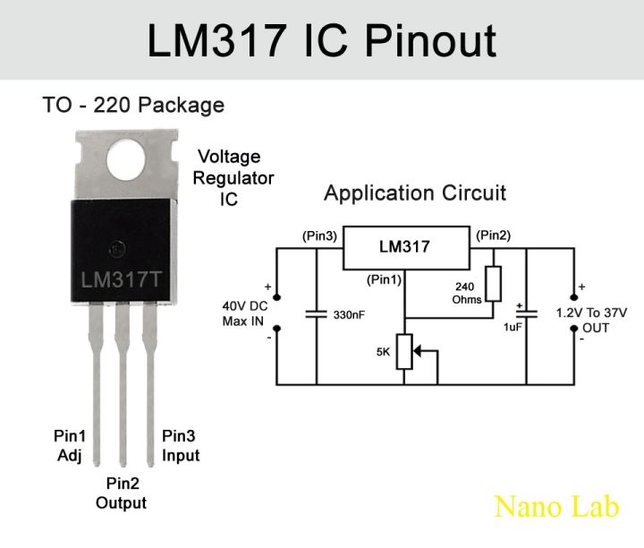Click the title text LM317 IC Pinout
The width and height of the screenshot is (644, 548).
tap(322, 40)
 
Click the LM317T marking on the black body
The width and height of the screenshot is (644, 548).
tap(122, 278)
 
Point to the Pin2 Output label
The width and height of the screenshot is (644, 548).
tap(122, 493)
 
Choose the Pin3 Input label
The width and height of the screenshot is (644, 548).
tap(180, 446)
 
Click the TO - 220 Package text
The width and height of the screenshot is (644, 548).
tap(133, 106)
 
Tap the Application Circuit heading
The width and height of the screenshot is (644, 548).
tap(415, 193)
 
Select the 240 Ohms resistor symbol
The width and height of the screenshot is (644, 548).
tap(493, 283)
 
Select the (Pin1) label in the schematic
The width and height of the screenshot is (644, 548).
tap(385, 279)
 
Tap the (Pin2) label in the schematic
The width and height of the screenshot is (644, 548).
tap(493, 235)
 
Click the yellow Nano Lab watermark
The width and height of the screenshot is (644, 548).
tap(555, 507)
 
